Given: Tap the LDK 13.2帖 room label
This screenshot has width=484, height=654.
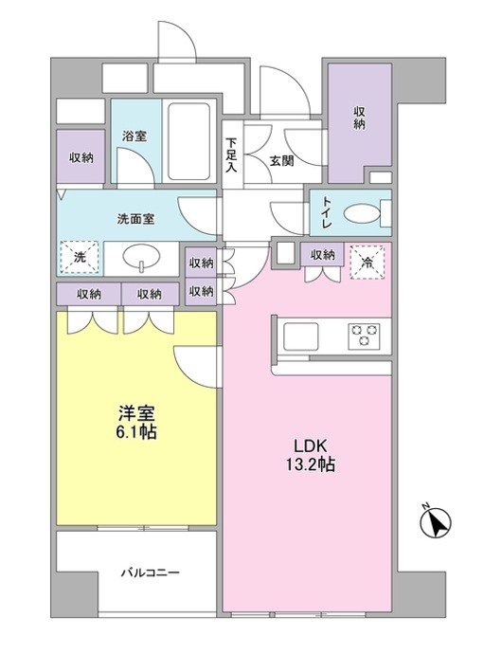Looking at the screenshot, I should click(x=311, y=454).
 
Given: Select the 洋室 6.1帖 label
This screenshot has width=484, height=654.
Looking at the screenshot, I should click(x=137, y=423).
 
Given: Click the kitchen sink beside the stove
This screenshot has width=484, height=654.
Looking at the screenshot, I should click(x=301, y=336).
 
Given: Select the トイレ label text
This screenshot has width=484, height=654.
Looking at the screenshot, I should click(x=327, y=209).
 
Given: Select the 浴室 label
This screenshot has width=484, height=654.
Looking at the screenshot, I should click(x=134, y=136).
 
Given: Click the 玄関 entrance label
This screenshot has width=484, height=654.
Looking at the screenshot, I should click(x=280, y=160).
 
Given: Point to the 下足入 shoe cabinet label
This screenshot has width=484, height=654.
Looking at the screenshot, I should click(x=230, y=156).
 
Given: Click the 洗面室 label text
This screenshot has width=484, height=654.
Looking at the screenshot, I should click(x=135, y=217).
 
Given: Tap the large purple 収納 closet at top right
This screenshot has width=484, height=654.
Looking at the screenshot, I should click(x=360, y=118).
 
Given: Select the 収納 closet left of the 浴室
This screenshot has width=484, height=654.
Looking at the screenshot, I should click(x=81, y=157).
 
